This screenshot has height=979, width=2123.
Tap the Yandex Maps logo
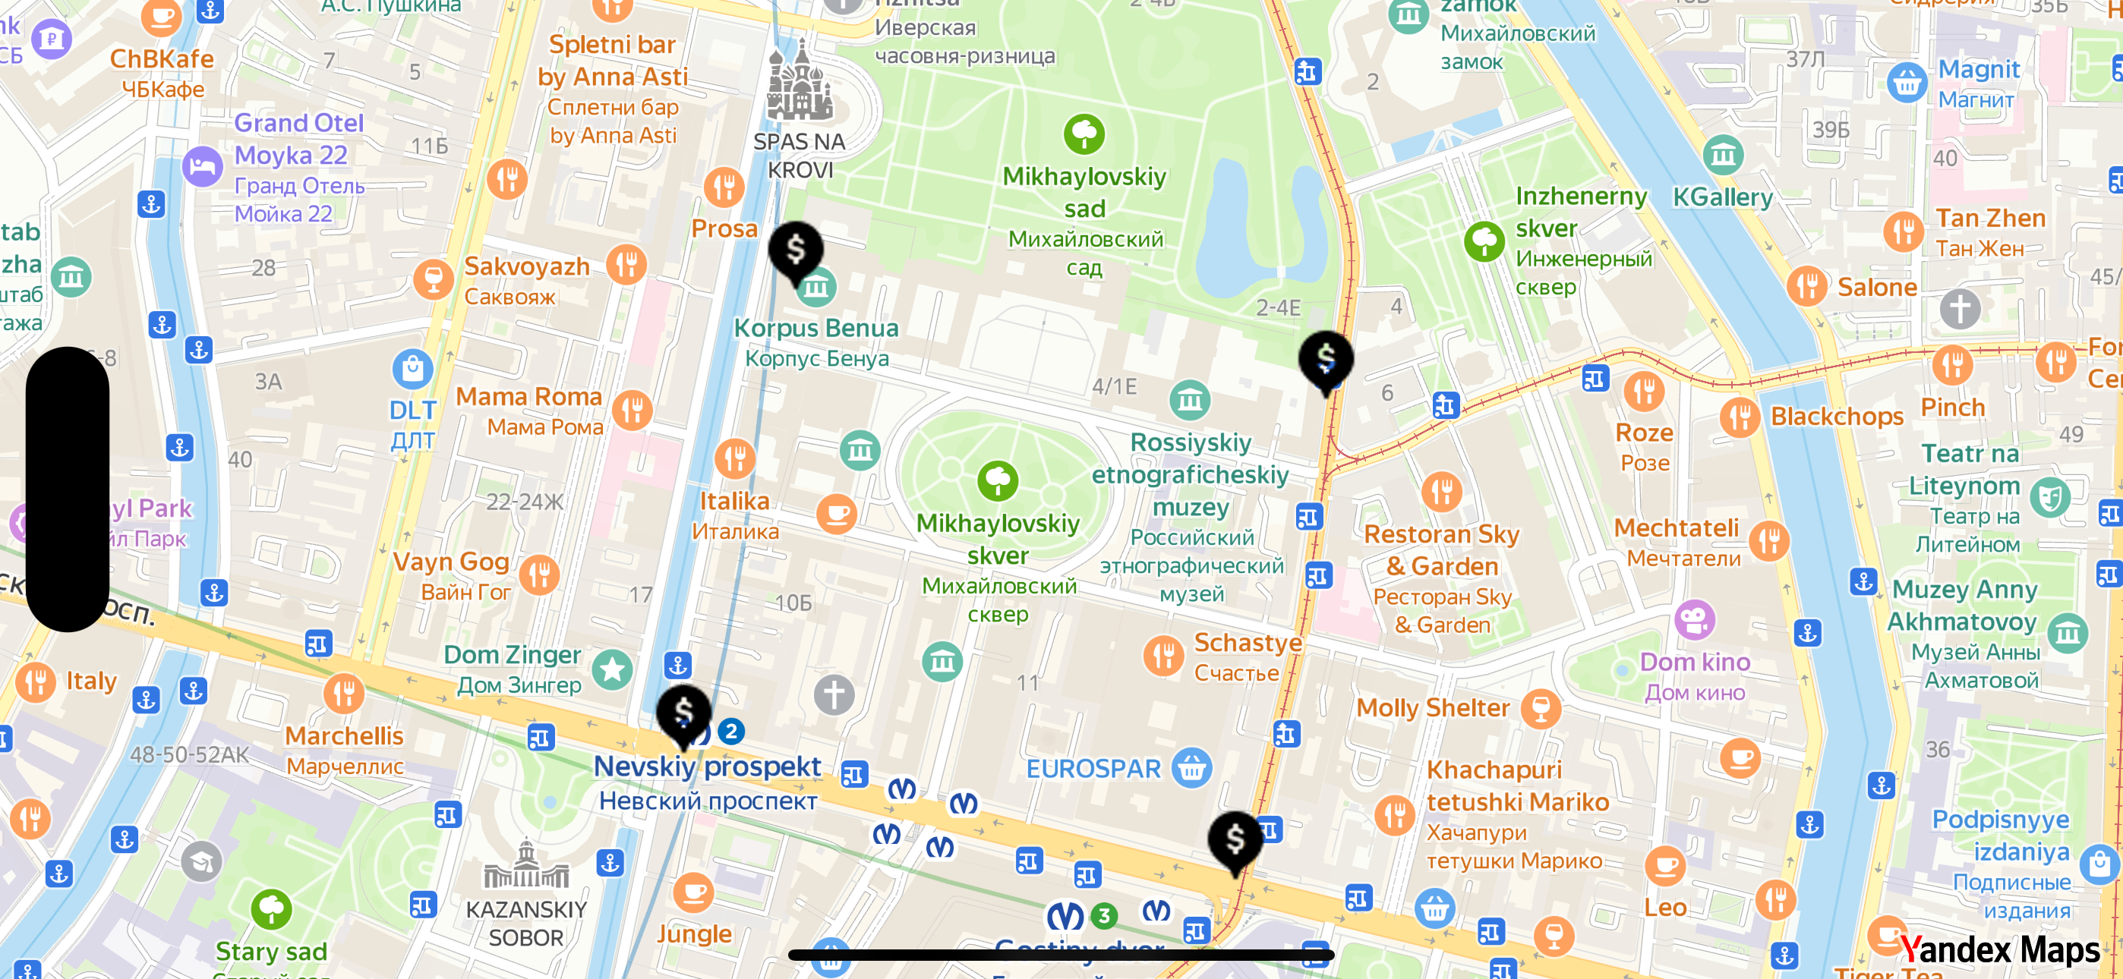(1999, 950)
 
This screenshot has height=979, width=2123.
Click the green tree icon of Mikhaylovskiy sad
(1084, 134)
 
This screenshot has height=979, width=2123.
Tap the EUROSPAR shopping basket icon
(1191, 768)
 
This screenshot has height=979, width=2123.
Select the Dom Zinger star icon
(612, 669)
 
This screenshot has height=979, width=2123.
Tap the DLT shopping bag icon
(412, 368)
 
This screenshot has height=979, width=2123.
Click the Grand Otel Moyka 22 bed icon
(202, 167)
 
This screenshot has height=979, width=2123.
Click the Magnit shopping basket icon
(1907, 83)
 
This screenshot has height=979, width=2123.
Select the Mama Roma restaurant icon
(632, 410)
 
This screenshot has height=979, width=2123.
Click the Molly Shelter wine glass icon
(1541, 708)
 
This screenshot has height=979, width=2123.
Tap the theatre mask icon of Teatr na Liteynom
(2049, 497)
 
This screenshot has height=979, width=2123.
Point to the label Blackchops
(1837, 417)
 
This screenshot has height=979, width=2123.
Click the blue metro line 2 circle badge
(731, 731)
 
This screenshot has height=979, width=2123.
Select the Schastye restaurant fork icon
(1164, 656)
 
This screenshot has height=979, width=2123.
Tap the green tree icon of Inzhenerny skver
(1484, 241)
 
